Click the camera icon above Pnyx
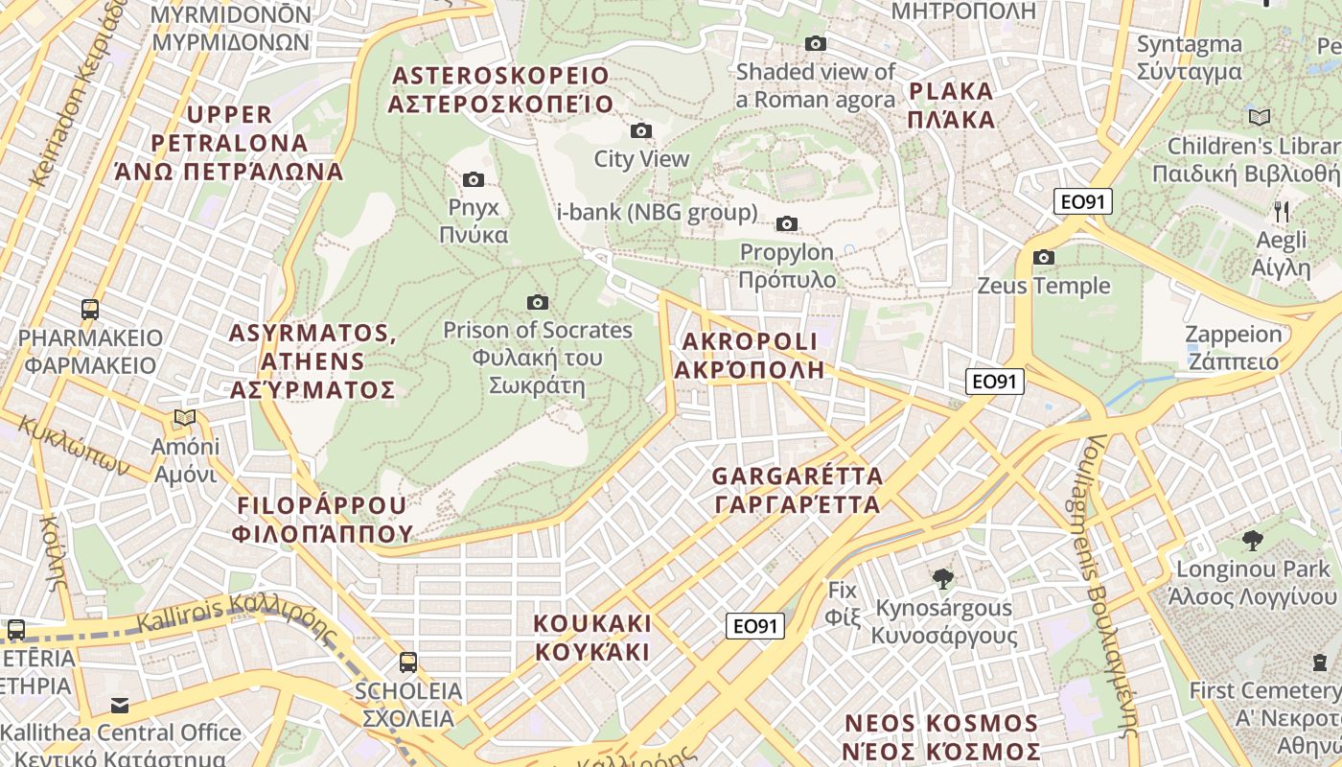pos(474,179)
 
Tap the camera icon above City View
pos(641,130)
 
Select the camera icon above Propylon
pos(787,223)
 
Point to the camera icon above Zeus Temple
pos(1044,257)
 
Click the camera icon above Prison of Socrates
pos(538,302)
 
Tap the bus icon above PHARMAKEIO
pos(90,309)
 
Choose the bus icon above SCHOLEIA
pos(408,662)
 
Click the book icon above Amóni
pos(185,418)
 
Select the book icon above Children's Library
pos(1260,117)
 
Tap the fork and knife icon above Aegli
pos(1281,211)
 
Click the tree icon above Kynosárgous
pos(943,578)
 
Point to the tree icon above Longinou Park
pos(1252,541)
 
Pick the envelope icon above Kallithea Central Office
pos(120,705)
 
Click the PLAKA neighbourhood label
pos(951,105)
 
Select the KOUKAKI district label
pos(592,638)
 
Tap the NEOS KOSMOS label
pos(940,736)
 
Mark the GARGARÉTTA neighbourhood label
pos(797,490)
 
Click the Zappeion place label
pos(1233,347)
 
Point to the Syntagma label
pos(1189,58)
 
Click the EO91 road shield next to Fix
pos(754,626)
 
